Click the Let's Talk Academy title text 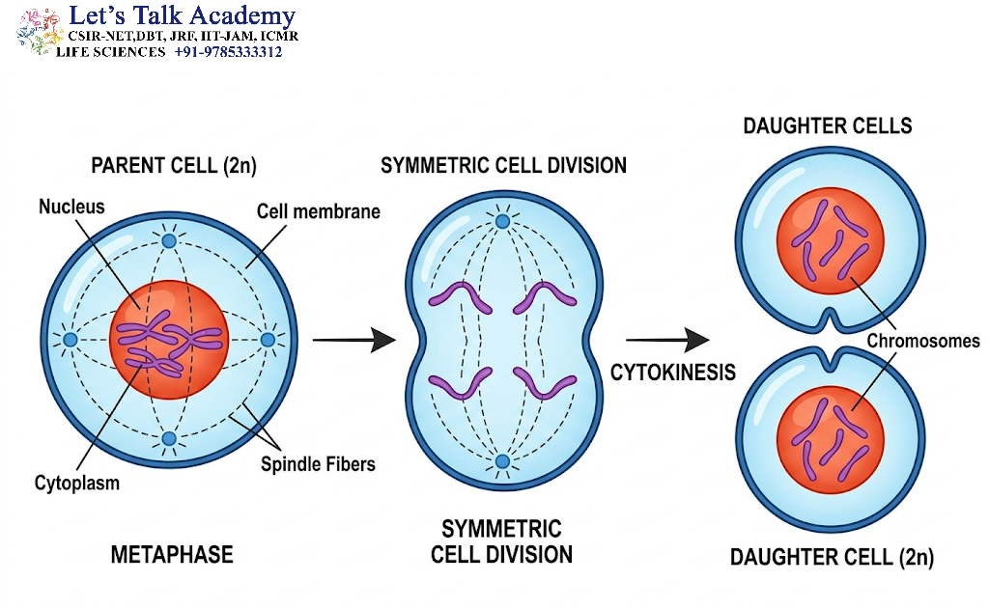(182, 15)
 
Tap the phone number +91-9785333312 (228, 52)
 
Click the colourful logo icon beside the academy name (37, 32)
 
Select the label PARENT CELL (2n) (174, 166)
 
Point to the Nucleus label (71, 207)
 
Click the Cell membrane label (318, 211)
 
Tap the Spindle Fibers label (318, 464)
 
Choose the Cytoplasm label (77, 484)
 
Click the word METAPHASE (172, 555)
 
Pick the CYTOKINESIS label (672, 373)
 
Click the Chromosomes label (922, 341)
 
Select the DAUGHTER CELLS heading (827, 126)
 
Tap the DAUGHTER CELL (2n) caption (832, 557)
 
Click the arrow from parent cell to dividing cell (353, 341)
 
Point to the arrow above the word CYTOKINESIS (667, 341)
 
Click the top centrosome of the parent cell (169, 240)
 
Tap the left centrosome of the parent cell (70, 340)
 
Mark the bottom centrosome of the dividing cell (502, 461)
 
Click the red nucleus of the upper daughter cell (830, 240)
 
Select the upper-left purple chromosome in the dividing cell (460, 296)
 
